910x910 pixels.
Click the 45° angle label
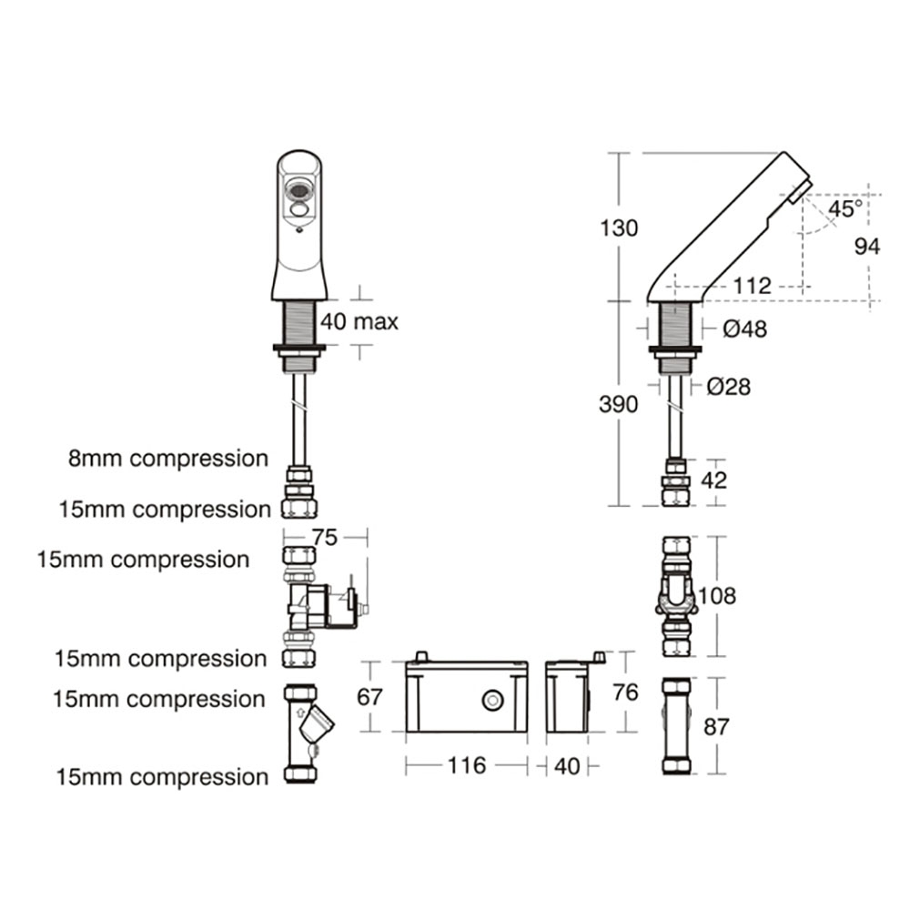click(844, 208)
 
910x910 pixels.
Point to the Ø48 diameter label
click(744, 329)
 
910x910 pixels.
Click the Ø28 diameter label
click(728, 387)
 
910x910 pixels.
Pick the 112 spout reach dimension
click(752, 286)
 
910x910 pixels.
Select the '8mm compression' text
click(168, 459)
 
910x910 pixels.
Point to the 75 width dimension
click(324, 537)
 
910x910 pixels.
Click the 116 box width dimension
click(467, 766)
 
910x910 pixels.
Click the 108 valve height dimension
click(716, 597)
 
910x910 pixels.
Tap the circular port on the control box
click(492, 701)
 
